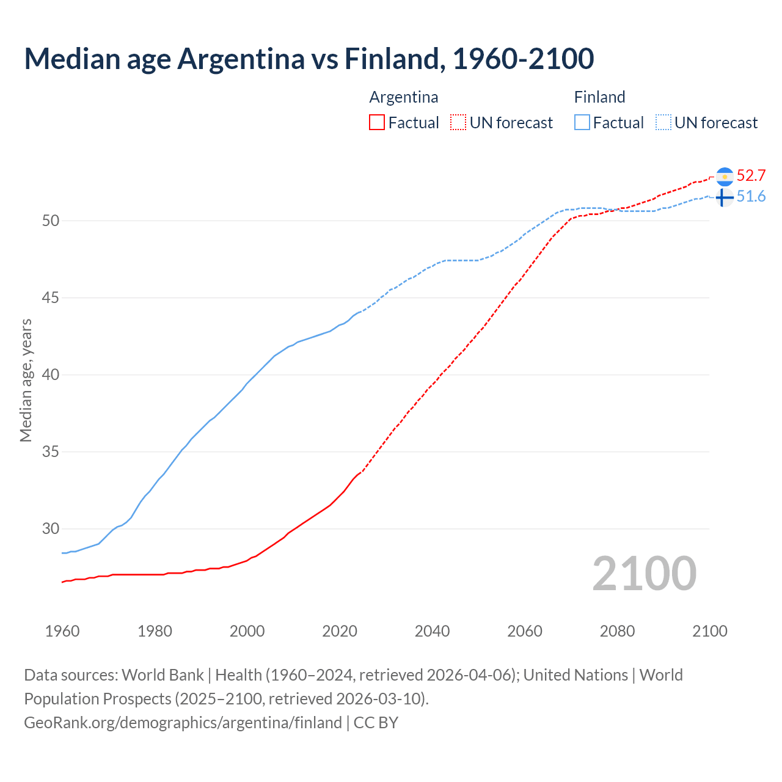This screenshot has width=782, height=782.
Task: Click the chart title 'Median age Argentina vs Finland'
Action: pos(309,59)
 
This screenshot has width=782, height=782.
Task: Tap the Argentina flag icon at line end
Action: pos(725,177)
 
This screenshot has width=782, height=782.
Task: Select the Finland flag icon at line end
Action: pos(724,197)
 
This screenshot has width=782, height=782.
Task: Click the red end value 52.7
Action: pos(751,176)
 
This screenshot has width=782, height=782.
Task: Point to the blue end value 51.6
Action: pos(751,197)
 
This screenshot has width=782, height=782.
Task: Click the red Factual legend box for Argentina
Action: pos(377,122)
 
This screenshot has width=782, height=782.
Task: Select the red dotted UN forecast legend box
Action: pos(458,122)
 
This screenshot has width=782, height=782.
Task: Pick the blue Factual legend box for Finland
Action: pos(582,122)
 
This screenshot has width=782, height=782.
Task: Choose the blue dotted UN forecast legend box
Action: pos(663,122)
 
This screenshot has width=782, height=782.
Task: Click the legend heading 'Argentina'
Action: pos(404,97)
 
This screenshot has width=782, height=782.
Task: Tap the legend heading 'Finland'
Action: pos(599,97)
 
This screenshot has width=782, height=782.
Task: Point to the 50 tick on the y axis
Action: pos(51,221)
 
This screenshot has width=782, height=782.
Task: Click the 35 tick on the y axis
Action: pos(51,451)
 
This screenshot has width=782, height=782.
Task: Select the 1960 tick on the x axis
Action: pos(62,631)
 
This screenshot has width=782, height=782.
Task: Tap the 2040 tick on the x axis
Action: pos(432,631)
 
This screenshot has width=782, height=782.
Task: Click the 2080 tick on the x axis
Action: pos(617,631)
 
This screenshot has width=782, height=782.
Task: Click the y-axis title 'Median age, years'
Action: pos(26,380)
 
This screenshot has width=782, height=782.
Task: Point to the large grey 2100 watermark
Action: pos(645,573)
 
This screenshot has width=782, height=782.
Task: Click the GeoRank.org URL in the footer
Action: pos(183,723)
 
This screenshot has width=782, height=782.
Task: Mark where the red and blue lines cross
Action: pos(614,210)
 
